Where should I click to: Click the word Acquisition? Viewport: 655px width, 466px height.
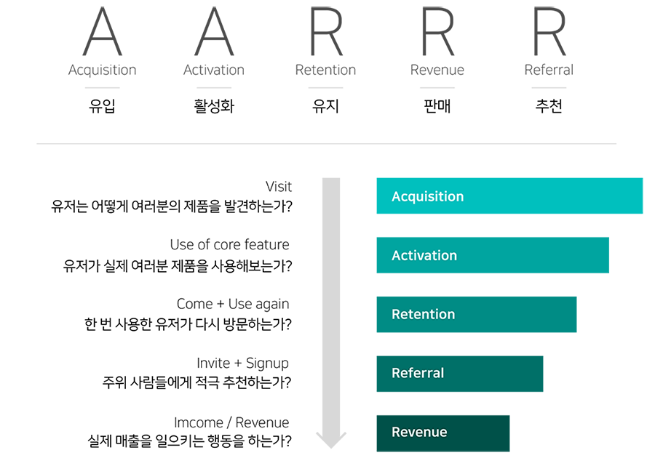(x=427, y=197)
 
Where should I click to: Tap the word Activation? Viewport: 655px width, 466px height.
(x=424, y=256)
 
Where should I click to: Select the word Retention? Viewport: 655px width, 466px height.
(x=423, y=315)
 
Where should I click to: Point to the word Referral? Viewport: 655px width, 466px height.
(x=417, y=374)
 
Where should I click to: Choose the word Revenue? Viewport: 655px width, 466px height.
(x=419, y=433)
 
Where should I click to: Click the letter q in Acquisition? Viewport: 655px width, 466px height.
(x=413, y=198)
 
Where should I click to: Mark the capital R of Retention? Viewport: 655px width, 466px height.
(x=396, y=315)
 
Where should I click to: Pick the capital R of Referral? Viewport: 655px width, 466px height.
(x=396, y=374)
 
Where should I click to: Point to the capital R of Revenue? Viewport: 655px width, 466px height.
(x=396, y=433)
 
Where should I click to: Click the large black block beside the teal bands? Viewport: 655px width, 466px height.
(x=167, y=313)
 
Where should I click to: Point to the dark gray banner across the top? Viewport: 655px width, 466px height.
(x=339, y=33)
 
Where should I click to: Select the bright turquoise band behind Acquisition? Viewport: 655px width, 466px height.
(x=509, y=193)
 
